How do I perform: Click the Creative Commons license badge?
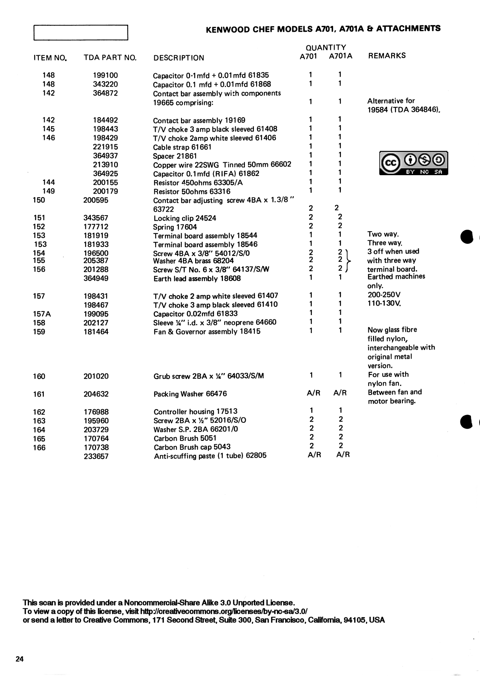pyautogui.click(x=413, y=163)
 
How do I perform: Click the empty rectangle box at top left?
pyautogui.click(x=81, y=33)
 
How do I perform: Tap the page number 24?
pyautogui.click(x=20, y=659)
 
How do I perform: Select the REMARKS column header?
pyautogui.click(x=387, y=56)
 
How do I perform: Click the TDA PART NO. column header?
pyautogui.click(x=110, y=58)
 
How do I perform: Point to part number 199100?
pyautogui.click(x=105, y=75)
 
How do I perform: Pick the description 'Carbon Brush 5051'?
pyautogui.click(x=185, y=438)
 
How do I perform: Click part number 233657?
pyautogui.click(x=96, y=456)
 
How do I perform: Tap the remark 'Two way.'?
pyautogui.click(x=383, y=234)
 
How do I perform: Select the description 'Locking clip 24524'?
pyautogui.click(x=185, y=218)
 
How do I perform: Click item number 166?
pyautogui.click(x=39, y=448)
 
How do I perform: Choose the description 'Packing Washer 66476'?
pyautogui.click(x=190, y=394)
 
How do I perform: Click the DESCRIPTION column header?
pyautogui.click(x=179, y=58)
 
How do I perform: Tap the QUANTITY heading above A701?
pyautogui.click(x=326, y=47)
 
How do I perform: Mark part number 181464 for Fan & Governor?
pyautogui.click(x=96, y=332)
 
